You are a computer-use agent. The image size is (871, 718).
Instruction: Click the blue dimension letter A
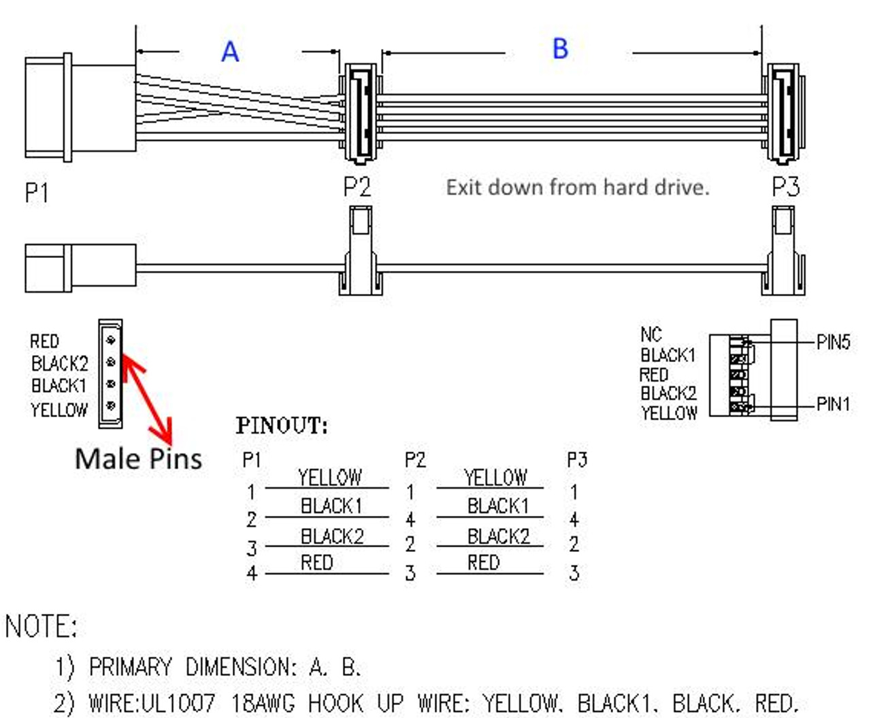[230, 52]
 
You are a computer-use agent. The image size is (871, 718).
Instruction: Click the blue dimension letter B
[560, 49]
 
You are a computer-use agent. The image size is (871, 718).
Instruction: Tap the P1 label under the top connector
[37, 193]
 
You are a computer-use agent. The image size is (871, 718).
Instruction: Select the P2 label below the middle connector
[357, 186]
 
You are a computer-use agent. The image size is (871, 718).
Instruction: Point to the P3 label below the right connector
[785, 186]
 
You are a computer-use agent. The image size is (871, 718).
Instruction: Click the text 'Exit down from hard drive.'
[577, 187]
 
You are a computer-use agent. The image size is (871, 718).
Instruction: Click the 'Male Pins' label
[138, 459]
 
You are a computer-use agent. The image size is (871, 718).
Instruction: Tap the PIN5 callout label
[833, 342]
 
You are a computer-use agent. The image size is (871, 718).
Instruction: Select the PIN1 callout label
[833, 404]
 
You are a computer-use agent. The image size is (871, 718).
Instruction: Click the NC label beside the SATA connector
[651, 334]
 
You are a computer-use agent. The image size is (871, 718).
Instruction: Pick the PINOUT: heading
[282, 426]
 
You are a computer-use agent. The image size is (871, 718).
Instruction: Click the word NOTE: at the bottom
[42, 626]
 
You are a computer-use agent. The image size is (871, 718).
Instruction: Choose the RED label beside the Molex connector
[44, 341]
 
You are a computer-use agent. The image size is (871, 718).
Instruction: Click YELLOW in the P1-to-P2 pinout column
[329, 478]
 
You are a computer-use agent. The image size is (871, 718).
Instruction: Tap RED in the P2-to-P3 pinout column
[483, 563]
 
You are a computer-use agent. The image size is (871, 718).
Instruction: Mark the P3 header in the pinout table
[576, 461]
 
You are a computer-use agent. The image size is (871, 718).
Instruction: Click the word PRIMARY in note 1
[130, 667]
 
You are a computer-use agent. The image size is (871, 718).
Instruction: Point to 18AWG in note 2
[263, 702]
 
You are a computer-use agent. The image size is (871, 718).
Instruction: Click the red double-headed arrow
[147, 395]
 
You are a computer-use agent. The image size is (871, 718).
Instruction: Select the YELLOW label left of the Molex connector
[59, 410]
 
